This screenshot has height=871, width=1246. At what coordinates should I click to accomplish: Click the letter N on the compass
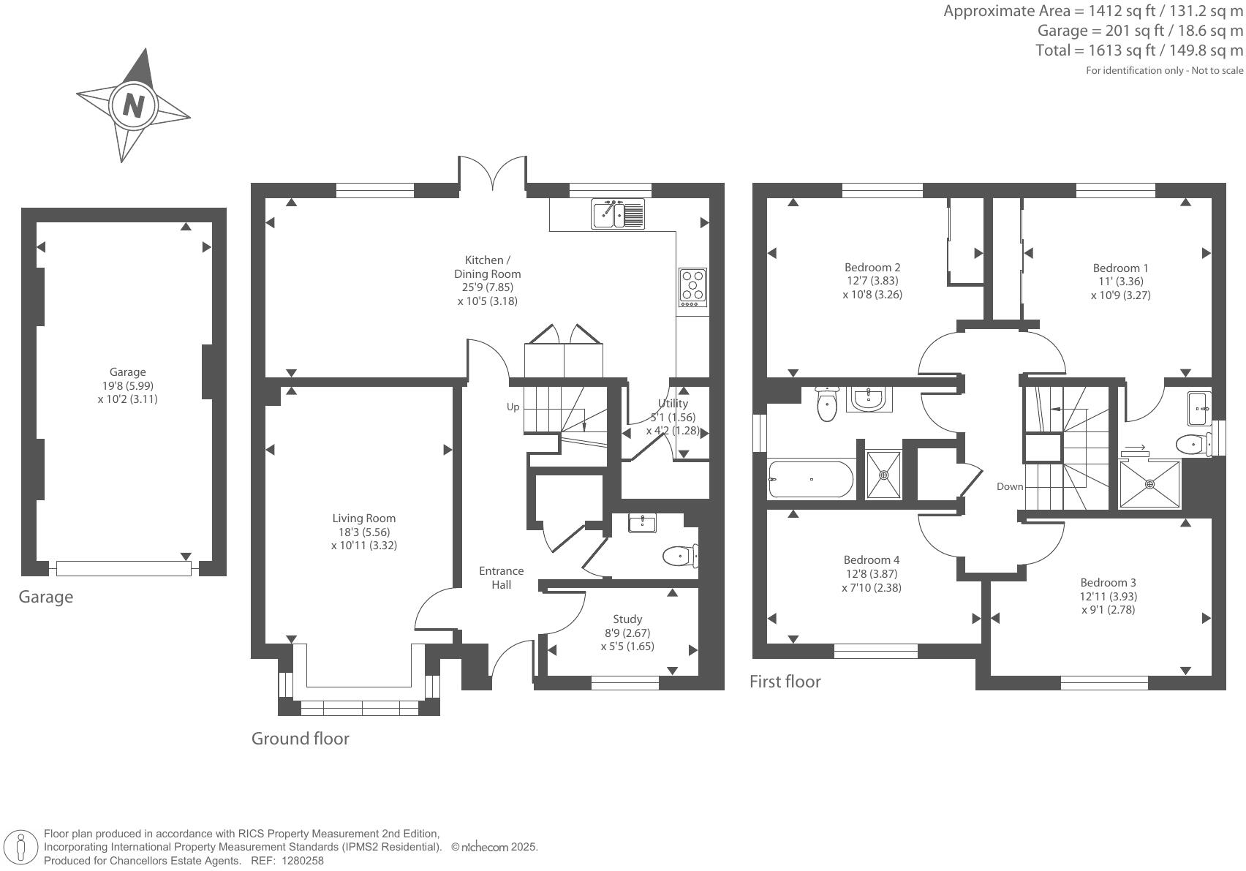[x=133, y=106]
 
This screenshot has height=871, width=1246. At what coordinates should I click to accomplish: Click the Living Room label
[x=363, y=519]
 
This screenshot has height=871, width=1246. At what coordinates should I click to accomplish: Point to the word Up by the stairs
[x=513, y=407]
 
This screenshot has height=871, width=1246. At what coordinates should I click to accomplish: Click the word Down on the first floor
[x=1010, y=486]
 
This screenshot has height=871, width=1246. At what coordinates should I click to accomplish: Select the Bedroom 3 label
[x=1108, y=583]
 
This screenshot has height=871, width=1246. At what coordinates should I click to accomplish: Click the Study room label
[x=627, y=619]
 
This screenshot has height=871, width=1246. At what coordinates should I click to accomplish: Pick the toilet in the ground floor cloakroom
[x=679, y=556]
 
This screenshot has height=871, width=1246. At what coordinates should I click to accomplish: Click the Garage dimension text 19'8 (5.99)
[x=127, y=385]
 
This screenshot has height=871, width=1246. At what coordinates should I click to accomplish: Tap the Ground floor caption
[x=301, y=739]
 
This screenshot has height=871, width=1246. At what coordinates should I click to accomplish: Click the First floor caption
[x=785, y=682]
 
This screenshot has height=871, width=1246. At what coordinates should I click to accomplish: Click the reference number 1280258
[x=303, y=861]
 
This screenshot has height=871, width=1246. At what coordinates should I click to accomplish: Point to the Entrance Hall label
[x=501, y=578]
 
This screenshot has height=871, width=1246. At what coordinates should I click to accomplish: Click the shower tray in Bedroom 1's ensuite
[x=1149, y=483]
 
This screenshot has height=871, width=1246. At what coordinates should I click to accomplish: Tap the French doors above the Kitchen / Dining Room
[x=492, y=174]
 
